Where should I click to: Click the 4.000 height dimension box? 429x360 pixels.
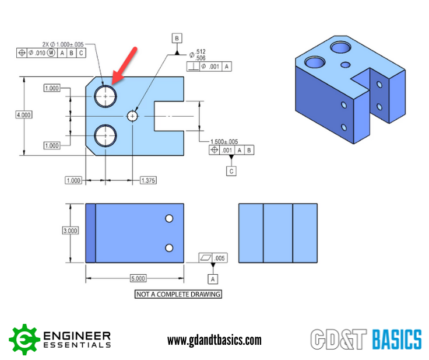24,115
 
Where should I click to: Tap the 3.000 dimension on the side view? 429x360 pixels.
70,230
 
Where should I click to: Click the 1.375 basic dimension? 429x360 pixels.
148,181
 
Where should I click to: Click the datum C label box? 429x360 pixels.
231,171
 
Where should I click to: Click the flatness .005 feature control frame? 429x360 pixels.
212,258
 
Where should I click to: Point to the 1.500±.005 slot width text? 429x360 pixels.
224,142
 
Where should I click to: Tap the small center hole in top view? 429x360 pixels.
133,116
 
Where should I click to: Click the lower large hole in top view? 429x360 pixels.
106,135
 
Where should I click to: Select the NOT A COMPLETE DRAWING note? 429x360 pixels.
178,294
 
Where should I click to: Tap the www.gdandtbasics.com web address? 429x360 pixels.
214,340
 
